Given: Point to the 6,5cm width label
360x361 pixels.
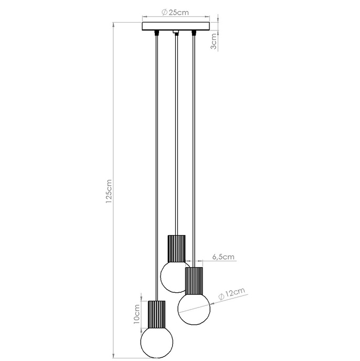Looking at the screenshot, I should coord(223,257).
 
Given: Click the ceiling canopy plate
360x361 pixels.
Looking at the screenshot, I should coord(176,27).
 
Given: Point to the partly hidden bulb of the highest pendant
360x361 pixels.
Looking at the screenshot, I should coord(171,277).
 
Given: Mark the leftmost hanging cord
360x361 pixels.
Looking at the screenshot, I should coord(157,157).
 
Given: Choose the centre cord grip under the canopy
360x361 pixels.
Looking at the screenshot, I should coord(176,34).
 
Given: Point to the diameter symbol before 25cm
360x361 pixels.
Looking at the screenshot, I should coord(164,12).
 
